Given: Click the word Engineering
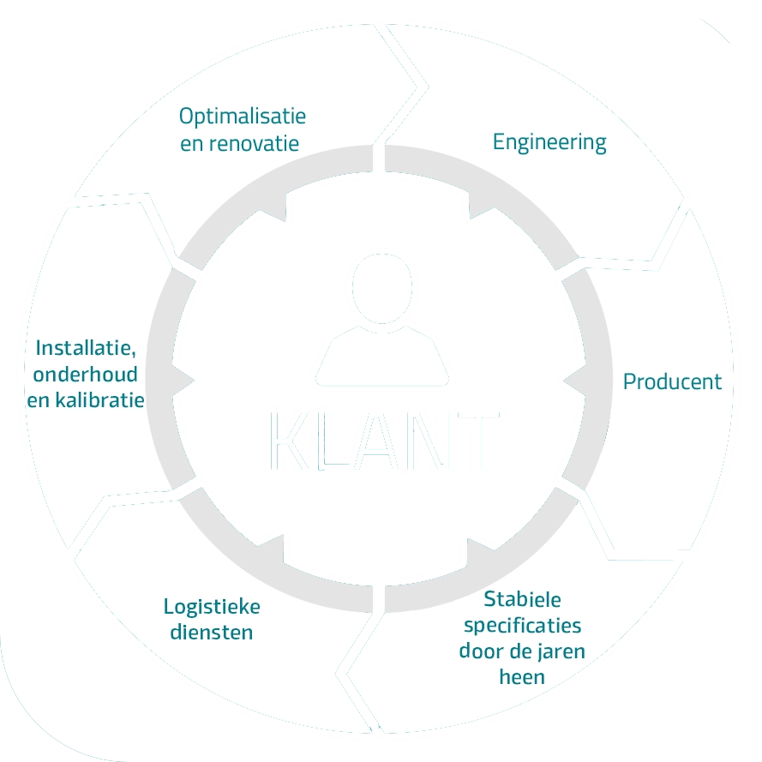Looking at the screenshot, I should coord(549,142).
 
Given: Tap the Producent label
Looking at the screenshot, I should coord(672,381).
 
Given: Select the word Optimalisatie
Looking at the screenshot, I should coord(243,116).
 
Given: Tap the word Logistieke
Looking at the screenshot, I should coord(212,607).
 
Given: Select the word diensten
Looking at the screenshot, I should coord(210,633).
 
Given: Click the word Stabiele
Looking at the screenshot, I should coord(522,599).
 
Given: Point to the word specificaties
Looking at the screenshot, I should coord(522,625).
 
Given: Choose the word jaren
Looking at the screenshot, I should coord(557,651).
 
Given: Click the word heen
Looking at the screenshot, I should coord(522,677).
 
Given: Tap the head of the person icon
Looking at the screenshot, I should coord(381,288).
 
